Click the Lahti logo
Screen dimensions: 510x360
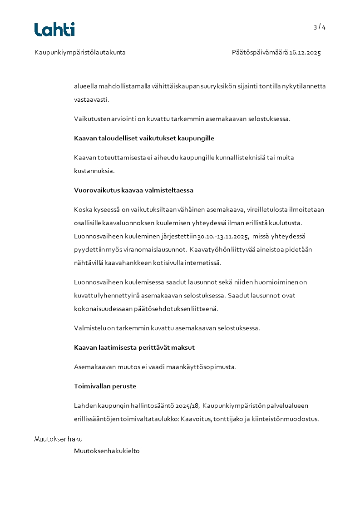click(54, 30)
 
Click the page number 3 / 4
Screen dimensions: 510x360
click(320, 27)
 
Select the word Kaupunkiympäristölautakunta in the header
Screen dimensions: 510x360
click(80, 53)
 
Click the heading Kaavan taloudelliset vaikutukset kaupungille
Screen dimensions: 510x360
click(144, 138)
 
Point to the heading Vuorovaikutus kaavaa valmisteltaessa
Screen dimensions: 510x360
click(133, 190)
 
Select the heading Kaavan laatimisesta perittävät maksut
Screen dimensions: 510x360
click(134, 348)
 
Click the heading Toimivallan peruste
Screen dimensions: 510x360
click(105, 386)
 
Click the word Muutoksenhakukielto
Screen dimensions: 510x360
click(107, 451)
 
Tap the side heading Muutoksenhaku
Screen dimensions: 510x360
click(59, 439)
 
